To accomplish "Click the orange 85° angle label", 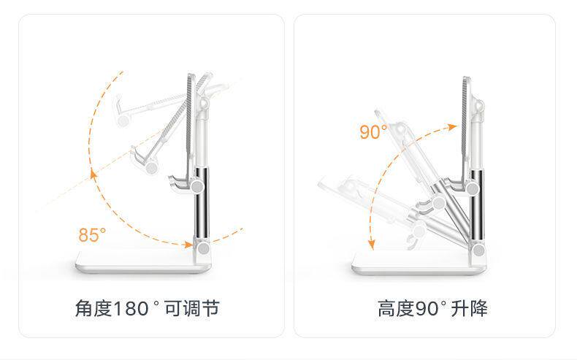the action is pos(92,235).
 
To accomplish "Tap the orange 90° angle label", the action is pos(373,132).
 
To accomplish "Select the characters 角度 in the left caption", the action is pos(93,308).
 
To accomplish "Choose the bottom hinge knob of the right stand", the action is pos(478,250).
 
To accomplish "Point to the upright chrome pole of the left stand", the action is pos(199,208).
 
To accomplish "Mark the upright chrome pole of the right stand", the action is pos(477,212).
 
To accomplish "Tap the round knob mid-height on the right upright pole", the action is pos(473,188).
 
